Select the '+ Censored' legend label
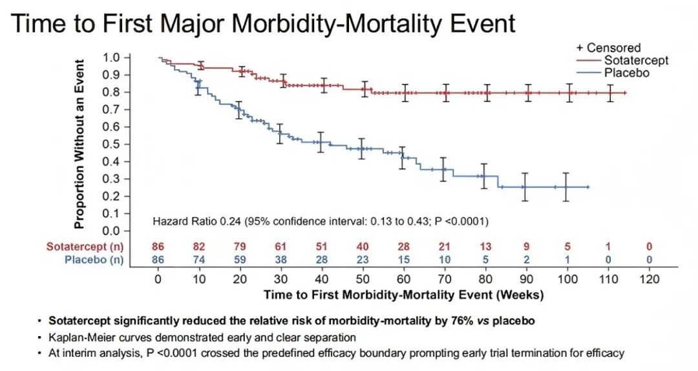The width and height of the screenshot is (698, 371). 609,48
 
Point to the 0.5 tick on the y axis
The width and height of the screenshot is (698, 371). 112,144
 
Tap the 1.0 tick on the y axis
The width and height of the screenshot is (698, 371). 112,58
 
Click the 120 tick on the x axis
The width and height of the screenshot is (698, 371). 650,279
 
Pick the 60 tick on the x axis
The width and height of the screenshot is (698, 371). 403,279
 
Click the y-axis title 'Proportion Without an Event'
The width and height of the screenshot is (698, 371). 79,143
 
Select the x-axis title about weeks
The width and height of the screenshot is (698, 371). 403,295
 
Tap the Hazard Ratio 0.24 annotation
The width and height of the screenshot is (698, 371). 321,222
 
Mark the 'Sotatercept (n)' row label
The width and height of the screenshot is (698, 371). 85,246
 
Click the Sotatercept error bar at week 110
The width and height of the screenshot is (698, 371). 609,93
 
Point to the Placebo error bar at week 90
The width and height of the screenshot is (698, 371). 526,187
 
